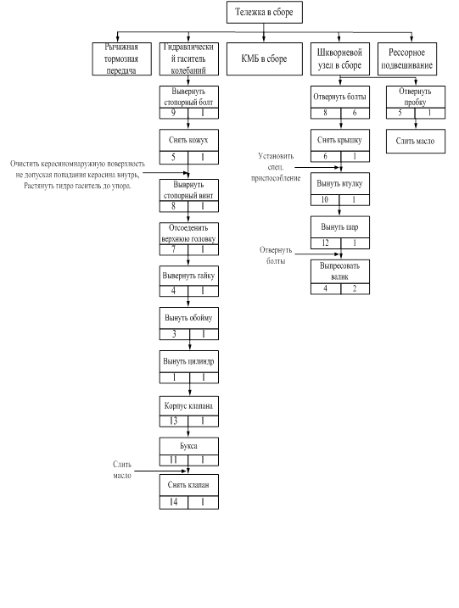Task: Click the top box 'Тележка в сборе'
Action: coord(264,12)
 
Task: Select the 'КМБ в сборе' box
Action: coord(264,59)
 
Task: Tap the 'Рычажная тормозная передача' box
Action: coord(121,59)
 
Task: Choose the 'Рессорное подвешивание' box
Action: coord(407,59)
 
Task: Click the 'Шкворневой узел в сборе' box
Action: coord(340,59)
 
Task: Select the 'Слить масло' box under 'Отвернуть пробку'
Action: coord(415,141)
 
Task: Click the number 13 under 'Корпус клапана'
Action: coord(173,421)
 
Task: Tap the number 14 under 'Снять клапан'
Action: coord(173,502)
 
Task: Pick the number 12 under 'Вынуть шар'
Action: coord(325,243)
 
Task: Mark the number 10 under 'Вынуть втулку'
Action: coord(324,199)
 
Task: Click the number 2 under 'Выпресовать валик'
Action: coord(355,288)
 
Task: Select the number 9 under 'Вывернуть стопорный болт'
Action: coord(173,113)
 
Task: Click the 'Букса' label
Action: coord(188,446)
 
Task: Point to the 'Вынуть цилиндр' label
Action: coord(188,361)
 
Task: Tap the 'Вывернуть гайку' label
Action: coord(188,276)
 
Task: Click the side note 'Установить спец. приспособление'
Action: coord(276,167)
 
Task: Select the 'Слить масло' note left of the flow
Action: coord(122,470)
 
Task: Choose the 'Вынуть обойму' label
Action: coord(188,318)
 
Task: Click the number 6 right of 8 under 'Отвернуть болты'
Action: coord(355,113)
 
